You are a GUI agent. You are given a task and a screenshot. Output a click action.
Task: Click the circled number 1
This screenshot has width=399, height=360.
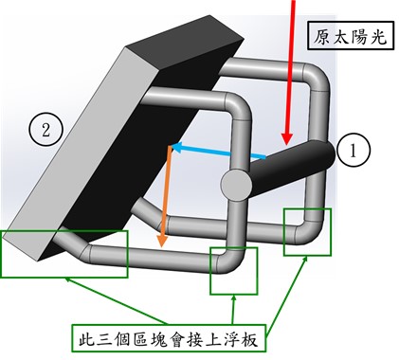coord(353,151)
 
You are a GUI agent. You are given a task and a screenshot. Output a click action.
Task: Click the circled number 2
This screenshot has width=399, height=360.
coord(46,130)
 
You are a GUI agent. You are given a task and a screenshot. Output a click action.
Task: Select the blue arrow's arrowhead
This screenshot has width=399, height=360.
coord(178,147)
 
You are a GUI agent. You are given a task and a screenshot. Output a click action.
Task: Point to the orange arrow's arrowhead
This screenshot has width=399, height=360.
coord(162,241)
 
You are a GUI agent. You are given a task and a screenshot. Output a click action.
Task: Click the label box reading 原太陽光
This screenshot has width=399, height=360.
coord(351,35)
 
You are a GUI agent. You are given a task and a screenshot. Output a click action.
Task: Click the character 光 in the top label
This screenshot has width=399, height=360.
coord(378,36)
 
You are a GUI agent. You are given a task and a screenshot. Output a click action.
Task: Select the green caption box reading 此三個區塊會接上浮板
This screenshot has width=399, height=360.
coord(169,338)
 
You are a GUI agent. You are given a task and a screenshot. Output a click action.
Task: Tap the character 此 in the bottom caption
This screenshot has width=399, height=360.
coord(87,338)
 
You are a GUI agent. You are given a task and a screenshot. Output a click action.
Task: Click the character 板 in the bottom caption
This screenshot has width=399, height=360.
coord(249,338)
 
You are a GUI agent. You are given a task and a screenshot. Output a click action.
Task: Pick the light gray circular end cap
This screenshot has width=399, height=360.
coord(237,184)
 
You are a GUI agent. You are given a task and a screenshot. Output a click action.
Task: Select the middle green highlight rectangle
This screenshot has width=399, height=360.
coord(234,271)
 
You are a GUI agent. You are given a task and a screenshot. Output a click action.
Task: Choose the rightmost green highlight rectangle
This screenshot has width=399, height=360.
coord(307,232)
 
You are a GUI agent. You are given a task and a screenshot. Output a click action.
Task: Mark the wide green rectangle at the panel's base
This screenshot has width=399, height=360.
coord(64,254)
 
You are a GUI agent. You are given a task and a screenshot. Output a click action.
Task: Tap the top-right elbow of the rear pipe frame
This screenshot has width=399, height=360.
coord(316,78)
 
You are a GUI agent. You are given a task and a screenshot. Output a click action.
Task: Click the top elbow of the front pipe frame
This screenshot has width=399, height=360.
coord(239,106)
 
